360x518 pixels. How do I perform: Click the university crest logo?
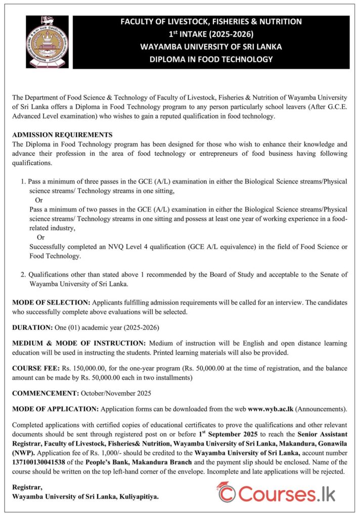[47, 41]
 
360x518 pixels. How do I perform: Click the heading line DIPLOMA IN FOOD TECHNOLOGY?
[211, 59]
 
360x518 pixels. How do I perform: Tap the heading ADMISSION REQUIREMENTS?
[62, 135]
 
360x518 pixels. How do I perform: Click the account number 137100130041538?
[43, 462]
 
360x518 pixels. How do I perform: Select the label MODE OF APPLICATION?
[56, 408]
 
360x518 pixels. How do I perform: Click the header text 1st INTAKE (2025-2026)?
[211, 34]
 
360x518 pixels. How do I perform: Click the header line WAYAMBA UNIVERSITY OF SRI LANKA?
[211, 47]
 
